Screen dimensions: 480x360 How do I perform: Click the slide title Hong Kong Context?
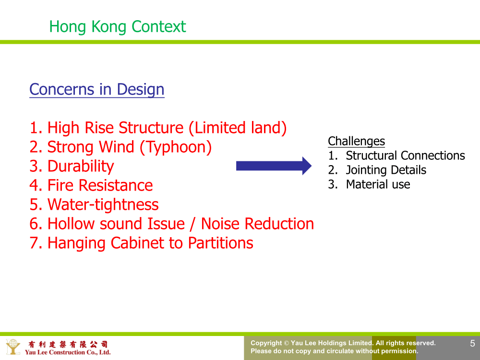click(118, 27)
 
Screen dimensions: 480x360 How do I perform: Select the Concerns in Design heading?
click(97, 90)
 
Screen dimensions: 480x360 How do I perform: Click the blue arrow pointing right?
click(274, 166)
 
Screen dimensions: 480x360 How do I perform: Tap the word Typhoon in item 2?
click(175, 147)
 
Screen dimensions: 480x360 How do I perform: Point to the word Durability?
click(81, 167)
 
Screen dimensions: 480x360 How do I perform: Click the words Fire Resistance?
click(100, 185)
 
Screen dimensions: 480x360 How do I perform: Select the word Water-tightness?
click(103, 205)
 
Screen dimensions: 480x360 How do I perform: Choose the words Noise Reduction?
click(257, 224)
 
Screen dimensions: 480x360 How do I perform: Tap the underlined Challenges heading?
click(356, 142)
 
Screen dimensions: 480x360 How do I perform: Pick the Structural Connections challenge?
click(405, 156)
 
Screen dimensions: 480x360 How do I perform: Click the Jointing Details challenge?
click(386, 170)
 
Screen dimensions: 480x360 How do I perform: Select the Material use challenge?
click(378, 184)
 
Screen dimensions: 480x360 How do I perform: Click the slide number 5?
click(473, 343)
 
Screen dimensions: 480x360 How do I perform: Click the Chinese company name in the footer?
click(68, 344)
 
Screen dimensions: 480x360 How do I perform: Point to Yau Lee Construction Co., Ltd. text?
click(68, 352)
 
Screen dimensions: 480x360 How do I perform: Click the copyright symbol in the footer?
click(287, 343)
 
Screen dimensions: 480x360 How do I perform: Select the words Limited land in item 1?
click(238, 128)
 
